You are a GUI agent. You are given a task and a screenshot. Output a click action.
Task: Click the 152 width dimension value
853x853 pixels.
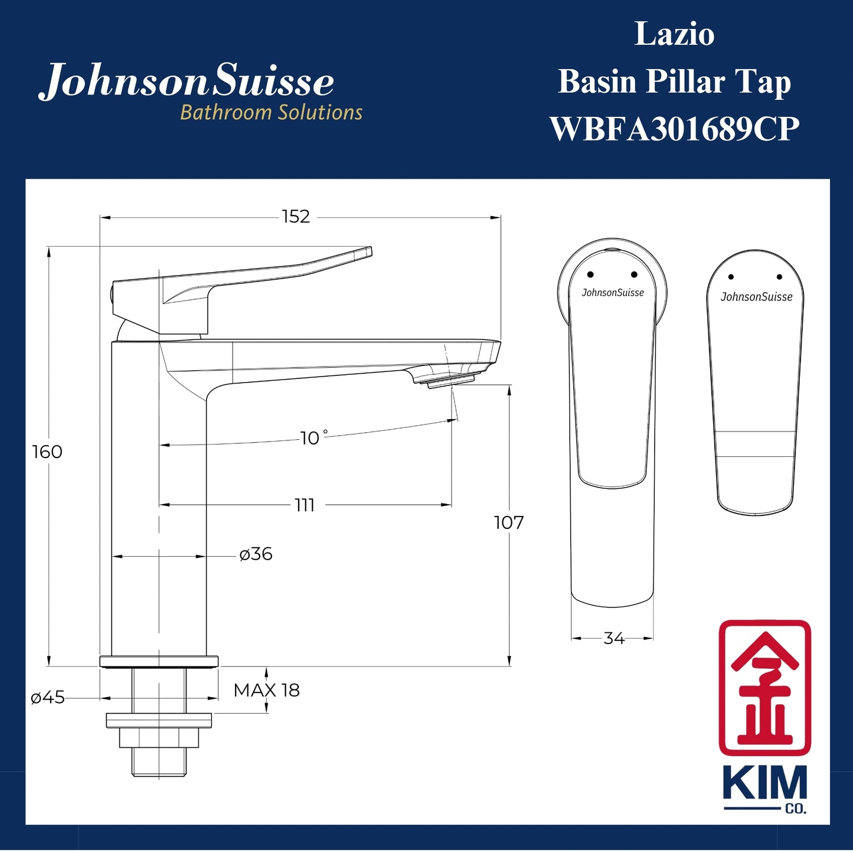pyautogui.click(x=296, y=217)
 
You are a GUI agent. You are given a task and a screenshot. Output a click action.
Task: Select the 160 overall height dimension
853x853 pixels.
pyautogui.click(x=47, y=452)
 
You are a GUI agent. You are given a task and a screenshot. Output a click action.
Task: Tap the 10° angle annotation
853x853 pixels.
pyautogui.click(x=312, y=438)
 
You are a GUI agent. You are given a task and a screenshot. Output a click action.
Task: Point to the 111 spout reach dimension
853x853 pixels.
pyautogui.click(x=305, y=505)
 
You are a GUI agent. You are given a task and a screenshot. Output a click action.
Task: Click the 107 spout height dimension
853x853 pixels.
pyautogui.click(x=508, y=522)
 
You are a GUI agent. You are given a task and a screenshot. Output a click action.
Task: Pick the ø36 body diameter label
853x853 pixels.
pyautogui.click(x=256, y=554)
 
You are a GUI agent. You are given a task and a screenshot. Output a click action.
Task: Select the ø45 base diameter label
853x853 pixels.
pyautogui.click(x=48, y=698)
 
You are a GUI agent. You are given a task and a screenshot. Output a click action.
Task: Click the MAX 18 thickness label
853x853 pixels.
pyautogui.click(x=266, y=690)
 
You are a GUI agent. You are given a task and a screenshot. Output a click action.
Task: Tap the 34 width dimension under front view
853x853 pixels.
pyautogui.click(x=614, y=638)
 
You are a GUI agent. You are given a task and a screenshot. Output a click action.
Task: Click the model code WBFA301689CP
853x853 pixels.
pyautogui.click(x=674, y=129)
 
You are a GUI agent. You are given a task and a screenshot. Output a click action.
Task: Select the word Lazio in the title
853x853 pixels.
pyautogui.click(x=674, y=34)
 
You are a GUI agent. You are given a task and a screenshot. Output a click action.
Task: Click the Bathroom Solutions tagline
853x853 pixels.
pyautogui.click(x=271, y=113)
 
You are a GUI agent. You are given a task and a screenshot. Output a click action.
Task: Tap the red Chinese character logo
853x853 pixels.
pyautogui.click(x=764, y=688)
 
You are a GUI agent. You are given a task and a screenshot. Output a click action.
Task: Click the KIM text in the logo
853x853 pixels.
pyautogui.click(x=764, y=784)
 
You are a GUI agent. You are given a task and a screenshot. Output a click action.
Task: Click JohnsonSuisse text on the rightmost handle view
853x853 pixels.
pyautogui.click(x=756, y=297)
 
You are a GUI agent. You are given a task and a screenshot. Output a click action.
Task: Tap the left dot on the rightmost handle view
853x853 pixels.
pyautogui.click(x=731, y=277)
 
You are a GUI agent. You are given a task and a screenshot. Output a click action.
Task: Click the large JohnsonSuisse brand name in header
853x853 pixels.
pyautogui.click(x=187, y=81)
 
